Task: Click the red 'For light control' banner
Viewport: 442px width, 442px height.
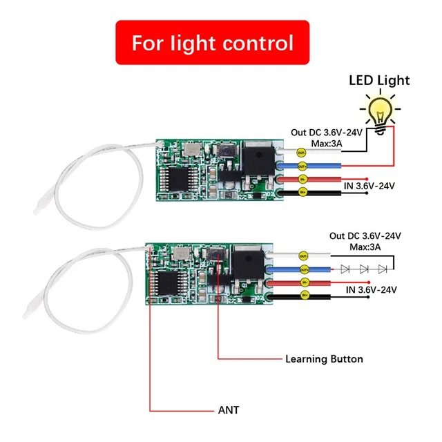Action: point(213,43)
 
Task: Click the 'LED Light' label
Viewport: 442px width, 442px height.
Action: point(378,80)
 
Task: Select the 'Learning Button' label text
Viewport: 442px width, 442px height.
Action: point(324,359)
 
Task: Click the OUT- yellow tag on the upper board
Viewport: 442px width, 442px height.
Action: point(301,152)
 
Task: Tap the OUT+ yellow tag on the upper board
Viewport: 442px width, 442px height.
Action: point(301,166)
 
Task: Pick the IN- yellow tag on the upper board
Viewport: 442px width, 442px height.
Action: point(301,180)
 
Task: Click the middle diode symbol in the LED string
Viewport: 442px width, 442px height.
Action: point(363,268)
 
